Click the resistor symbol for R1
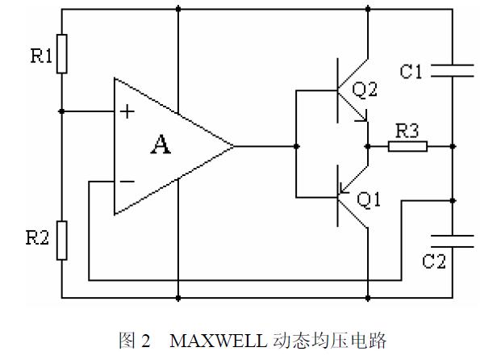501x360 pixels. pos(62,54)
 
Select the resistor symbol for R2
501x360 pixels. pos(62,239)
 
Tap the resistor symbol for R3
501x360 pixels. pos(407,146)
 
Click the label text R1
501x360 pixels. pos(41,57)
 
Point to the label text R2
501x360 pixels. pos(38,237)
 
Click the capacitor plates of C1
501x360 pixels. pos(452,71)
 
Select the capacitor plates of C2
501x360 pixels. pos(452,240)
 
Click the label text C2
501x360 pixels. pos(436,262)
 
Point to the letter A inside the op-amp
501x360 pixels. pos(161,145)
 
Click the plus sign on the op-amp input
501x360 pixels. pos(127,111)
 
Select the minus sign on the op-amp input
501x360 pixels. pos(127,182)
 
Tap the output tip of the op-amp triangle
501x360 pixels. pos(234,146)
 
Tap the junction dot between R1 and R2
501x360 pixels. pos(62,111)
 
